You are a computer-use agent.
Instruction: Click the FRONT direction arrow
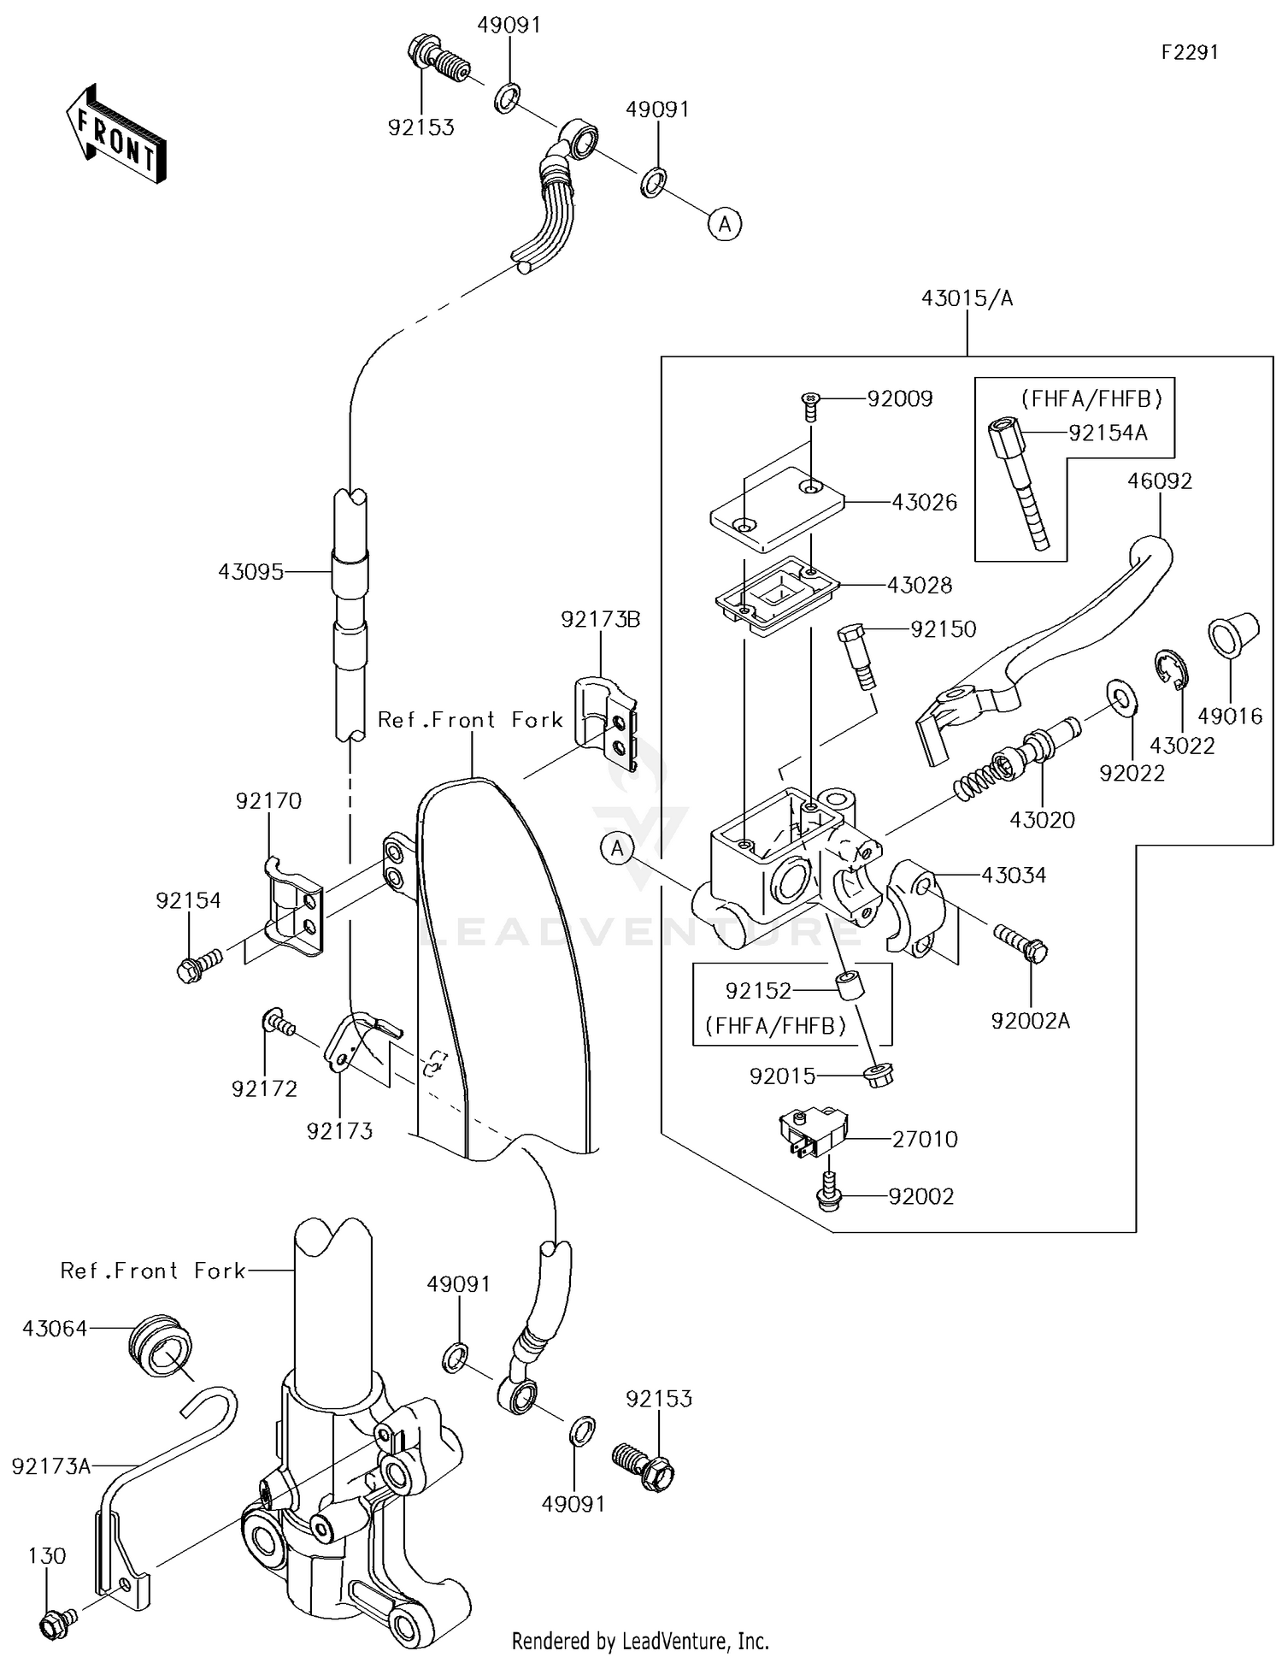[115, 134]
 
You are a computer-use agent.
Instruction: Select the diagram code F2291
[1189, 52]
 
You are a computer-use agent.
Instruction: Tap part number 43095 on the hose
[250, 572]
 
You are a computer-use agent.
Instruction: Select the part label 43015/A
[967, 298]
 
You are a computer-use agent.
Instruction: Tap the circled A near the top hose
[725, 224]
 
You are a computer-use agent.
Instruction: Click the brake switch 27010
[811, 1131]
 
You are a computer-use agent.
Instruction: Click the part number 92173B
[600, 619]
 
